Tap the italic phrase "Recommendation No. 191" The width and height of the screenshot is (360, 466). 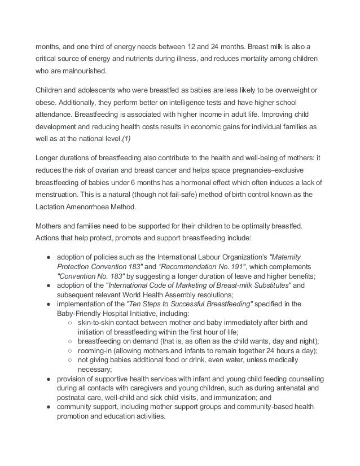200,265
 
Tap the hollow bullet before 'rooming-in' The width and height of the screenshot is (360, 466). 68,350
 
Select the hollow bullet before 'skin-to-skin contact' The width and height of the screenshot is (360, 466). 68,322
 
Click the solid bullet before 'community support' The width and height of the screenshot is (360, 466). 49,407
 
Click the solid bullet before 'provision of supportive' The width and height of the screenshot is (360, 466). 49,380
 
